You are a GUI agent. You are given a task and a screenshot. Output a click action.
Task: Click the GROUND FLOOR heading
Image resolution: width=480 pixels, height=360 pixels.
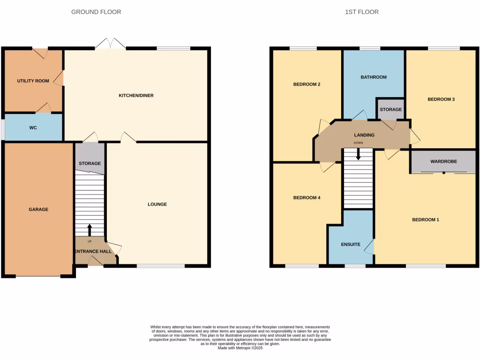(96, 12)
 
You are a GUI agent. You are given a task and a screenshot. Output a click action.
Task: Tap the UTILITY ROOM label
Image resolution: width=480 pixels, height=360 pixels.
(33, 81)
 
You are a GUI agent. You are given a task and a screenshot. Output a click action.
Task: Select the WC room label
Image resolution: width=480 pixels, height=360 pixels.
(33, 127)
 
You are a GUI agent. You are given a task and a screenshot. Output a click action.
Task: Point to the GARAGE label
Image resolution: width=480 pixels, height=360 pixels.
(38, 210)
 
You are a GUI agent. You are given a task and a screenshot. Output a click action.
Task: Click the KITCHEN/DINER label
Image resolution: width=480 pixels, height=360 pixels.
(136, 96)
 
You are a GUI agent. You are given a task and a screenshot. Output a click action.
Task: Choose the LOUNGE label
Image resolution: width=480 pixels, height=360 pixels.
(157, 204)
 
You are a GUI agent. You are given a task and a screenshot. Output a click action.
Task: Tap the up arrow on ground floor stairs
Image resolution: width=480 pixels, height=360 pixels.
(90, 230)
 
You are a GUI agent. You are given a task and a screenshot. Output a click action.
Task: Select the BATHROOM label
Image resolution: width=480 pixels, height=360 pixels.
(374, 77)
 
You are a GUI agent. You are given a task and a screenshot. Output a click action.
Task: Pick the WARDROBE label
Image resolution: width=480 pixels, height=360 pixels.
(443, 162)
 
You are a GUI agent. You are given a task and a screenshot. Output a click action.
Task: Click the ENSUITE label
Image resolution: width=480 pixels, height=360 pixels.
(351, 245)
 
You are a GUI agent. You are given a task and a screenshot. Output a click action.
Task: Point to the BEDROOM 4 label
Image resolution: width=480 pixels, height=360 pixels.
(307, 198)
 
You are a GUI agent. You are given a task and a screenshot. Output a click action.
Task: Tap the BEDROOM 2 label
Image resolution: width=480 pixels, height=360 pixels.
(307, 84)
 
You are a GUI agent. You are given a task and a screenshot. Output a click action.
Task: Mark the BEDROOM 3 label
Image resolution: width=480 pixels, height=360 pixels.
(441, 99)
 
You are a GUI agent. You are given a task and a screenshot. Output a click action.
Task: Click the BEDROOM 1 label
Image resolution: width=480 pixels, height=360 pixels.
(425, 220)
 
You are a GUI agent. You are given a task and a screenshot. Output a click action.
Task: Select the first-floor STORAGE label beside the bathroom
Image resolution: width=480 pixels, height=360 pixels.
(390, 110)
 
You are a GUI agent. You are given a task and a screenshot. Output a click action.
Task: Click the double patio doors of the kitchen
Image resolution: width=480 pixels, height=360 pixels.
(110, 45)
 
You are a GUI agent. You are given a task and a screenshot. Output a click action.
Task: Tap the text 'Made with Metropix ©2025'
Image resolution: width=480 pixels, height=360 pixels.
(240, 348)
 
